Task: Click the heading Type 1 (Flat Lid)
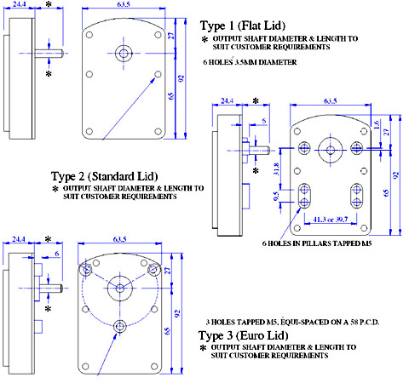pyautogui.click(x=243, y=26)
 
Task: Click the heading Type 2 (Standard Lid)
pyautogui.click(x=104, y=176)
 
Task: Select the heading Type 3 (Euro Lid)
pyautogui.click(x=244, y=335)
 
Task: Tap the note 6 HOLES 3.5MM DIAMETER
pyautogui.click(x=250, y=62)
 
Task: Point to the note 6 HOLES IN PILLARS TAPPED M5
pyautogui.click(x=317, y=243)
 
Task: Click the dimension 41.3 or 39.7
pyautogui.click(x=331, y=220)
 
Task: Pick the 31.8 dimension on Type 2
pyautogui.click(x=276, y=169)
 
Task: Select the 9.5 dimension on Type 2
pyautogui.click(x=276, y=196)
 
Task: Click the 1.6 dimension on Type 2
pyautogui.click(x=377, y=124)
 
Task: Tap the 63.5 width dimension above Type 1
pyautogui.click(x=124, y=4)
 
